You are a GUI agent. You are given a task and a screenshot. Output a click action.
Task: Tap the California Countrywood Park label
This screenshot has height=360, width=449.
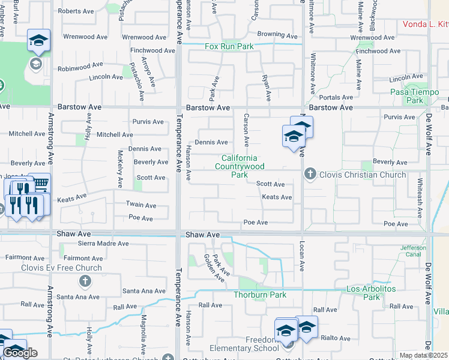240,166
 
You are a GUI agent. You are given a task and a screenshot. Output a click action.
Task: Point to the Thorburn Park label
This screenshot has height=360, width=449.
260,295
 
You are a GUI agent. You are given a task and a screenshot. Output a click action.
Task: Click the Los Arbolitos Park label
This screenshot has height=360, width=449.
372,293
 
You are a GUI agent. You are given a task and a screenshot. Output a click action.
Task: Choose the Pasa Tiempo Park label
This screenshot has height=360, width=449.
415,96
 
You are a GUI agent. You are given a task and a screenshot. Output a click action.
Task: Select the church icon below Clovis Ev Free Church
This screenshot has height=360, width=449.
85,281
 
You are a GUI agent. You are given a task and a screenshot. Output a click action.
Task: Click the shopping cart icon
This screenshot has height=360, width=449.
40,183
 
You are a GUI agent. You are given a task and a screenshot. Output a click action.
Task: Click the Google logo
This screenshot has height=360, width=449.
20,353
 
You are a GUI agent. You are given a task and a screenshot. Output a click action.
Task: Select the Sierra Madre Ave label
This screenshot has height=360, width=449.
104,244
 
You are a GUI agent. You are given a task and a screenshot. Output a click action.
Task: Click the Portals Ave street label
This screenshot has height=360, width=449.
336,97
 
